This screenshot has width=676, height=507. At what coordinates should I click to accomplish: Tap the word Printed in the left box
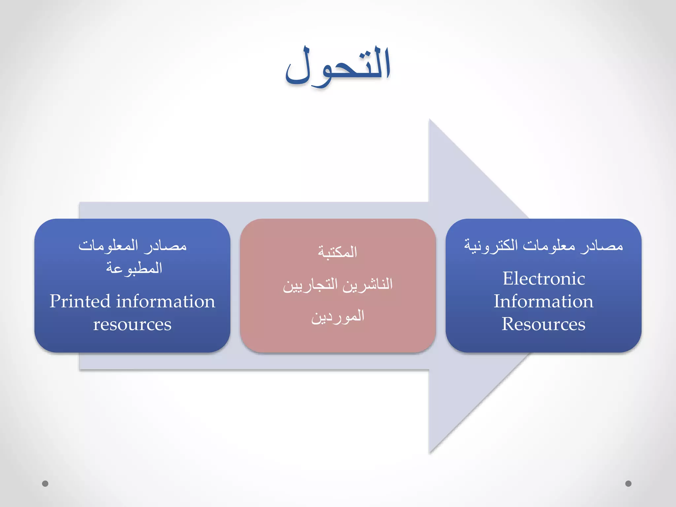pyautogui.click(x=80, y=302)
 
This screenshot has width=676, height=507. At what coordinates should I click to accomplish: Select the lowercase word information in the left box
pyautogui.click(x=166, y=302)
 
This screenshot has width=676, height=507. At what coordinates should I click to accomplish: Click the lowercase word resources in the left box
pyautogui.click(x=132, y=324)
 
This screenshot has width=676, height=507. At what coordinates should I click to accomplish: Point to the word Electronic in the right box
pyautogui.click(x=544, y=279)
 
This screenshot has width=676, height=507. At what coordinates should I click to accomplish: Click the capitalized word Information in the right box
pyautogui.click(x=544, y=301)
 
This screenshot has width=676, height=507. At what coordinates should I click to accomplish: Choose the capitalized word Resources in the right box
pyautogui.click(x=544, y=324)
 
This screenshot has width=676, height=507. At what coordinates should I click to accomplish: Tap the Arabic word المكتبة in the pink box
pyautogui.click(x=338, y=252)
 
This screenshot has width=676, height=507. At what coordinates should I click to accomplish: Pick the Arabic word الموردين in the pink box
pyautogui.click(x=338, y=317)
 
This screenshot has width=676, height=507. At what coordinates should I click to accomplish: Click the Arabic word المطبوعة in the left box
pyautogui.click(x=134, y=268)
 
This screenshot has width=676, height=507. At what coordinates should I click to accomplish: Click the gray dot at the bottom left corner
pyautogui.click(x=45, y=484)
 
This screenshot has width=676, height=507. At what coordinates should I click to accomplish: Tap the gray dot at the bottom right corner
pyautogui.click(x=628, y=484)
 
